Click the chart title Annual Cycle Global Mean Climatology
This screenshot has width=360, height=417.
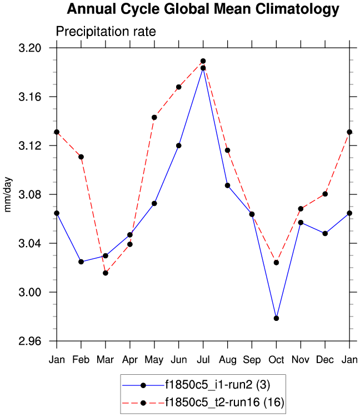point(203,9)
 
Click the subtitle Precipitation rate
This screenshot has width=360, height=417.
point(106,32)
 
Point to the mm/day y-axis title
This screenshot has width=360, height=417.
point(9,194)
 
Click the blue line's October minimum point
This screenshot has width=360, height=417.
point(276,318)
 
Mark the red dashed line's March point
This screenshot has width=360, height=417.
point(105,273)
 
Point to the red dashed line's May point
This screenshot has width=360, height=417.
point(154,117)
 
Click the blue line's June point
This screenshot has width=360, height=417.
point(178,145)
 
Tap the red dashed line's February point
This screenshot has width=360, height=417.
point(81,157)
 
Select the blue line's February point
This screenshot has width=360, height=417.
point(81,262)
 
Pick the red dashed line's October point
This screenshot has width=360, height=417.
point(276,262)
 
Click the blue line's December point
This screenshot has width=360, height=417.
point(325,233)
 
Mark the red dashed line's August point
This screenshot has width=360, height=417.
point(227,150)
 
